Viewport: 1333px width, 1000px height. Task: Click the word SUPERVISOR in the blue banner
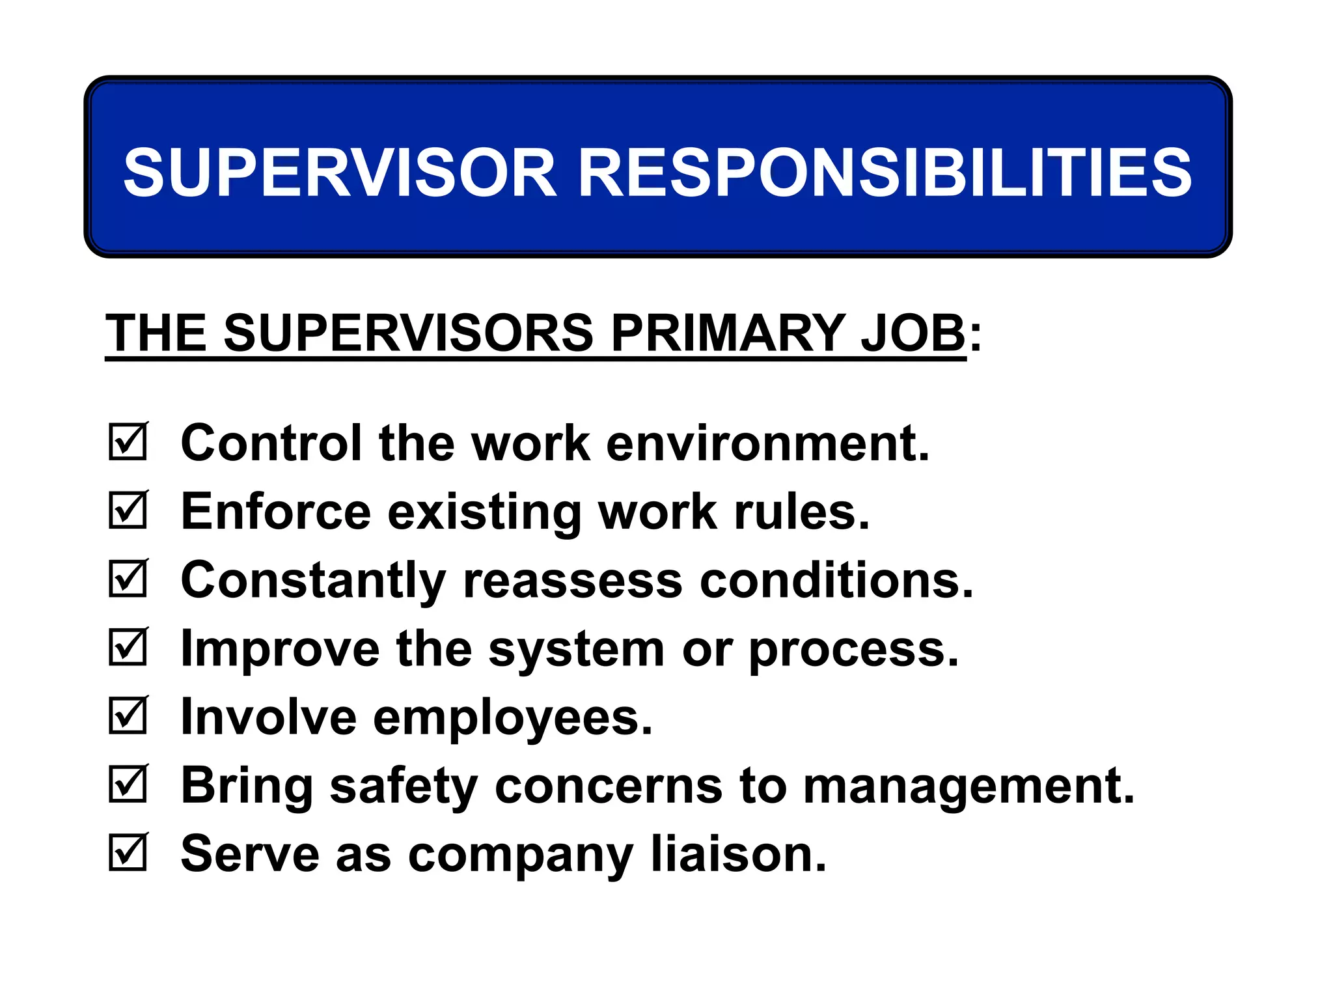tap(340, 172)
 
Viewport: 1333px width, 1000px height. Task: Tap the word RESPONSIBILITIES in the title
tap(885, 172)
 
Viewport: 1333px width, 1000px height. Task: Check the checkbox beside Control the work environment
tap(128, 443)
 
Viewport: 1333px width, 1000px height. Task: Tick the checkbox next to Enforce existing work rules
tap(128, 511)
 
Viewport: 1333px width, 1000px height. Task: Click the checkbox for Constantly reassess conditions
tap(128, 579)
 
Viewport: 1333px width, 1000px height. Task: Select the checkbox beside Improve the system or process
tap(128, 648)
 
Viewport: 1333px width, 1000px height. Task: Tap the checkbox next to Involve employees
tap(128, 716)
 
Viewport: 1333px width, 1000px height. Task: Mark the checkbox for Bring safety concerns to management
tap(128, 785)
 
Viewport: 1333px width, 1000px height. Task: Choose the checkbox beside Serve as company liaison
tap(128, 853)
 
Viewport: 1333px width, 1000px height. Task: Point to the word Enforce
tap(276, 512)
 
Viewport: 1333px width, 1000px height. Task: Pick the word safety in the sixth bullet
tap(404, 786)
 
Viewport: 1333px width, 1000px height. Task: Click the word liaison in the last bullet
tap(738, 854)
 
